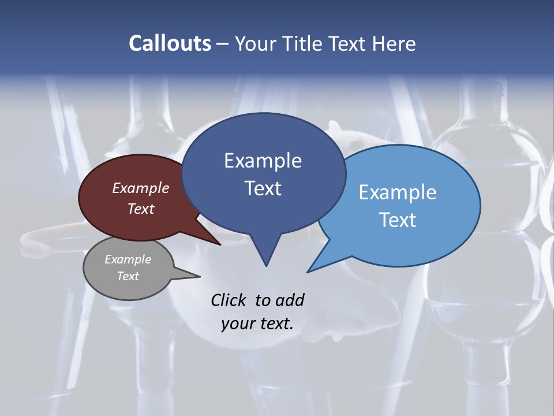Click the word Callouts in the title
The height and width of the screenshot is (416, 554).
[170, 43]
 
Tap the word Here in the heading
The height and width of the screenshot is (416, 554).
[394, 43]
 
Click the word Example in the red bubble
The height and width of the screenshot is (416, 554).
[140, 188]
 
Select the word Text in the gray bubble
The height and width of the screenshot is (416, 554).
[128, 276]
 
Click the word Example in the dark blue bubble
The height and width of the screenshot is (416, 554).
[263, 161]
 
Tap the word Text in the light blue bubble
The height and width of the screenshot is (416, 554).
[398, 220]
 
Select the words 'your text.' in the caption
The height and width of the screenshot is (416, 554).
[257, 324]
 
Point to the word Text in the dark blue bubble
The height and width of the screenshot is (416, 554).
[263, 188]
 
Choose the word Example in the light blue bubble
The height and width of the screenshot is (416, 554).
[398, 192]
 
